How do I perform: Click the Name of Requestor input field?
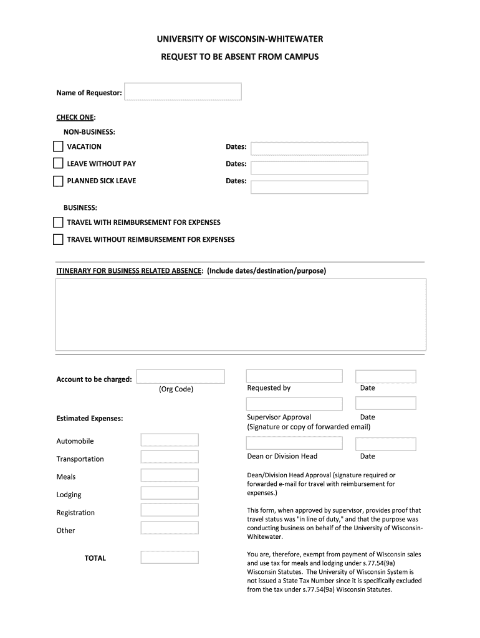pos(183,92)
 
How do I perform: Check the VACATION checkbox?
pos(58,147)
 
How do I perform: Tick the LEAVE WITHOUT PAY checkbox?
pos(58,164)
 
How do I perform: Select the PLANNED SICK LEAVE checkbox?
pos(58,181)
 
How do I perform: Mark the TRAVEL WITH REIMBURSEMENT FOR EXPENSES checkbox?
pos(58,222)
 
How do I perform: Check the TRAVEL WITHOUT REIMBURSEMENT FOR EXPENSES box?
pos(58,239)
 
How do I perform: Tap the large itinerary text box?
pos(241,315)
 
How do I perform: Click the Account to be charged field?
pos(180,376)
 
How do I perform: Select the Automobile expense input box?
pos(170,440)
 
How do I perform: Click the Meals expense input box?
pos(170,475)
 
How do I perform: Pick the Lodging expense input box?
pos(170,493)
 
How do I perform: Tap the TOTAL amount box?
pos(170,557)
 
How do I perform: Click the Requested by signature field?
pos(294,376)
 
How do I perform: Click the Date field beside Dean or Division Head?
pos(385,444)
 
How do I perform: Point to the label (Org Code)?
pos(176,389)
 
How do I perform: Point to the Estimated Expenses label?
pos(90,419)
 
